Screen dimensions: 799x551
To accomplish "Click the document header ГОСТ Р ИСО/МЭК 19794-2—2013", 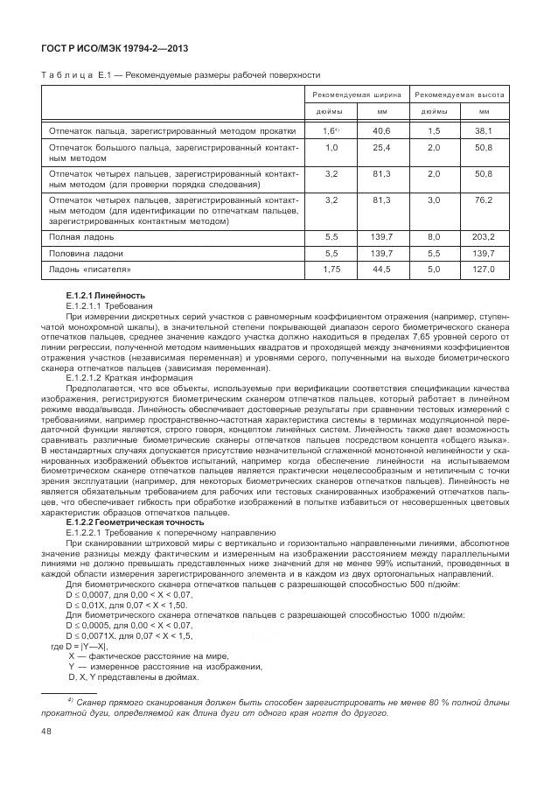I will click(x=114, y=46).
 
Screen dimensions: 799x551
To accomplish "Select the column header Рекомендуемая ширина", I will click(x=359, y=94).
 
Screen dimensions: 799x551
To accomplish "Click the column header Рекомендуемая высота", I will click(x=460, y=94).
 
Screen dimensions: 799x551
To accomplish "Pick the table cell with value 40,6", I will click(x=381, y=130).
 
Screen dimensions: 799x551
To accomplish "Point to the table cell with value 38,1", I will click(x=484, y=130).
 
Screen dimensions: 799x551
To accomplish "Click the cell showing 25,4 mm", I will click(x=381, y=148).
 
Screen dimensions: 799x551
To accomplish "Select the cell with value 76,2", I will click(x=484, y=200).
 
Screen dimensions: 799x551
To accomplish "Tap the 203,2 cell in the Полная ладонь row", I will click(x=484, y=237).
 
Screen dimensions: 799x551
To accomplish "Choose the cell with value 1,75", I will click(x=331, y=270).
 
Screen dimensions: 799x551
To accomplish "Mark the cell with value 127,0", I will click(x=484, y=270).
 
